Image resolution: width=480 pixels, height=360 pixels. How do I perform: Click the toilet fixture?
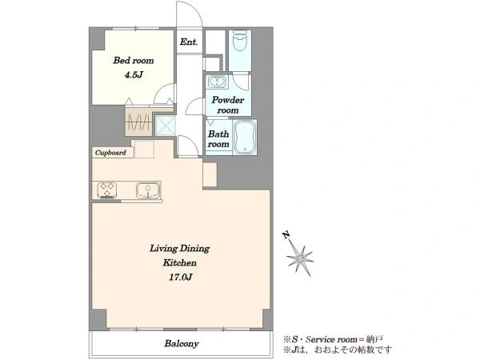click(x=240, y=40)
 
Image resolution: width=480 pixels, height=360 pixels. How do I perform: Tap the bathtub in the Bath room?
click(x=244, y=137)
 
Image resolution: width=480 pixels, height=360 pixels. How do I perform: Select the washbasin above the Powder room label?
click(x=217, y=82)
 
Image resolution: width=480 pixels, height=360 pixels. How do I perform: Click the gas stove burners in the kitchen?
click(x=107, y=190)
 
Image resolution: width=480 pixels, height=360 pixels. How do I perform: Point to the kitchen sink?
click(x=148, y=190)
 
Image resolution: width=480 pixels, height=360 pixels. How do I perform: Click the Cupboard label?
click(x=110, y=153)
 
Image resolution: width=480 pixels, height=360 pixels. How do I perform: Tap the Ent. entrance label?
click(x=189, y=42)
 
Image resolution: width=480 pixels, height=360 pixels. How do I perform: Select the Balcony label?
click(x=182, y=343)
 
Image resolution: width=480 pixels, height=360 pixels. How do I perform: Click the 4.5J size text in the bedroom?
click(x=134, y=74)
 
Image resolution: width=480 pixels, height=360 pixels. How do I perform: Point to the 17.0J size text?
click(x=181, y=277)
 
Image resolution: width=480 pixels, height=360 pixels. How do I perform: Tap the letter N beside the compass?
click(x=286, y=235)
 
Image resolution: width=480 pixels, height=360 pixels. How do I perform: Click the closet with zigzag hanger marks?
click(x=138, y=122)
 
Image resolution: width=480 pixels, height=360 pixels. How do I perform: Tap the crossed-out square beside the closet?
click(x=166, y=126)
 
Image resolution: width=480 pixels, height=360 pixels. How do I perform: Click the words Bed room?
click(x=134, y=60)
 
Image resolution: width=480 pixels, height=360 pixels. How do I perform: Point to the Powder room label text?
click(x=228, y=105)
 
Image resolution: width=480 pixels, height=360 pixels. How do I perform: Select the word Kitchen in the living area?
click(x=180, y=262)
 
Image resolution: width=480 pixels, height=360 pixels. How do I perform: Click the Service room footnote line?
click(x=333, y=339)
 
